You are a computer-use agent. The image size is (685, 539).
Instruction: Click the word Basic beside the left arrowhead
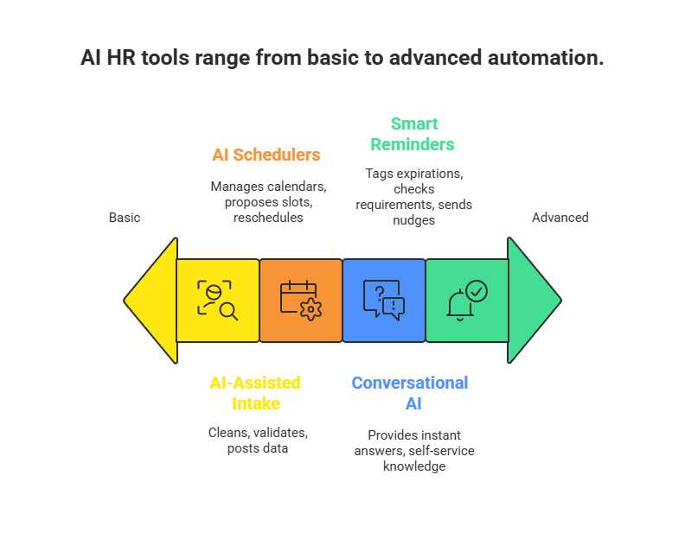tap(125, 218)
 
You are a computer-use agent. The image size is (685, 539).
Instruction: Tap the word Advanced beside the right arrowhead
tap(560, 218)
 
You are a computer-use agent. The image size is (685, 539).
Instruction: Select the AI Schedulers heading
tap(266, 155)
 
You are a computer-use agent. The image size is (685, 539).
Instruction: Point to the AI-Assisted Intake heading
tap(255, 393)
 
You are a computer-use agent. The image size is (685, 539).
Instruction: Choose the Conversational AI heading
tap(410, 393)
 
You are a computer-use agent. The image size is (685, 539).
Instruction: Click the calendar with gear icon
tap(300, 301)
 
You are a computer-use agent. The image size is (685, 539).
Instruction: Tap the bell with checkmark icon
tap(466, 301)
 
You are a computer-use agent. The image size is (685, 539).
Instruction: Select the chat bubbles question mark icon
tap(383, 301)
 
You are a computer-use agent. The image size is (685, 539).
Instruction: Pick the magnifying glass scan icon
tap(217, 301)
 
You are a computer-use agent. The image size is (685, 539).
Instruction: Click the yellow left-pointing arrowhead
tap(151, 301)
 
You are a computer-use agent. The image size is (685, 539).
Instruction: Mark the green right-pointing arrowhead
tap(533, 301)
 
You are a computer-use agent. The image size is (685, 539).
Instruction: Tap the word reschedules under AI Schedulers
tap(267, 219)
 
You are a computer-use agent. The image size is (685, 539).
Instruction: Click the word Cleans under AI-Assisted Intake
tap(227, 432)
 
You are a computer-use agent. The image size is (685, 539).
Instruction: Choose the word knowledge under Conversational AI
tap(413, 466)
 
